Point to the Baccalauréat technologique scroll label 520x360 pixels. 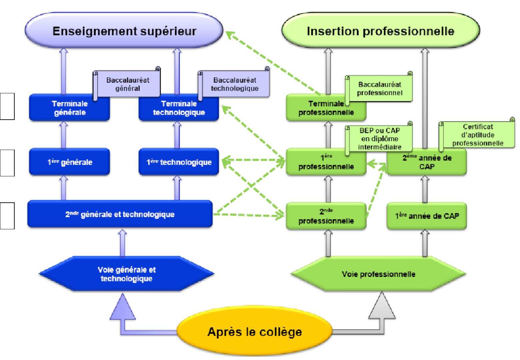coord(234,84)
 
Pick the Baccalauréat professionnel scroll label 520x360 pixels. coord(380,88)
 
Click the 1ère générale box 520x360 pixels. coord(70,162)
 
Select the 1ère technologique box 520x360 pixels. coord(179,162)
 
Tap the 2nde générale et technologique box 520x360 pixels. coord(120,214)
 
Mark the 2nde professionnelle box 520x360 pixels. coord(326,216)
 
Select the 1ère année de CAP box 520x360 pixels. coord(427,216)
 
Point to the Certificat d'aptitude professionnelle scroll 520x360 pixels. coord(477,135)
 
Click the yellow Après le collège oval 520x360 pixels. coord(254,332)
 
